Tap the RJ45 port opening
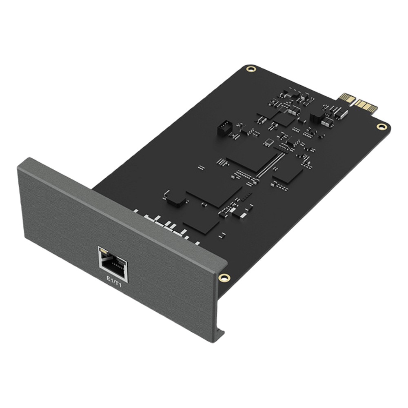[114, 266]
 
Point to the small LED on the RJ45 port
[104, 251]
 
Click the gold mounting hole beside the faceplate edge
[224, 277]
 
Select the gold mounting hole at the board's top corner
[251, 69]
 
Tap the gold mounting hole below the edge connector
[381, 127]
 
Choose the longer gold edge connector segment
[366, 106]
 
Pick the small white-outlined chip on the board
[268, 142]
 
